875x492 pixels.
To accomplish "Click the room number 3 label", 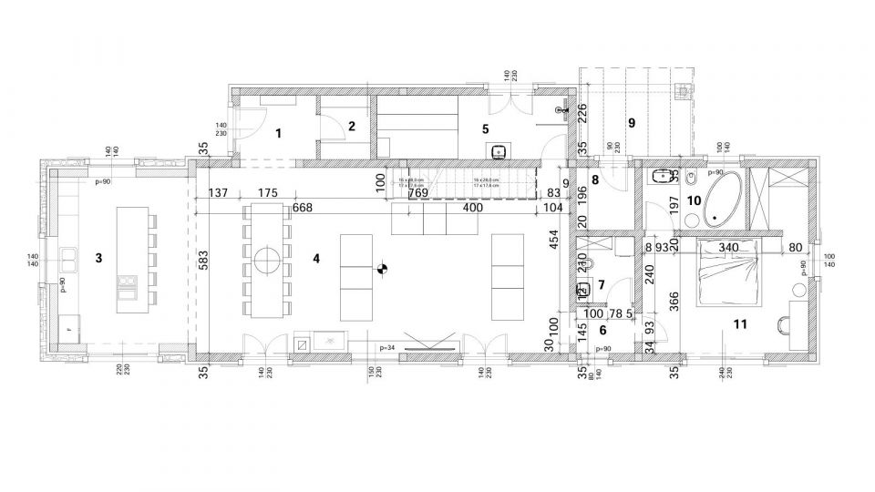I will pos(98,259).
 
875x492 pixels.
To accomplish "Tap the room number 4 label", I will pos(315,259).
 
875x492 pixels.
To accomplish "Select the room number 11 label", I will pos(740,323).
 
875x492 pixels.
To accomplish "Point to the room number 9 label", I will pos(630,121).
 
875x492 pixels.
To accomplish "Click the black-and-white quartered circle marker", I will pos(384,269).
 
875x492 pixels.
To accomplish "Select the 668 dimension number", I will pos(303,209).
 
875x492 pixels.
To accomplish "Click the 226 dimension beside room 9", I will pos(582,113).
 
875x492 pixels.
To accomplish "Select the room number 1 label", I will pos(279,133).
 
